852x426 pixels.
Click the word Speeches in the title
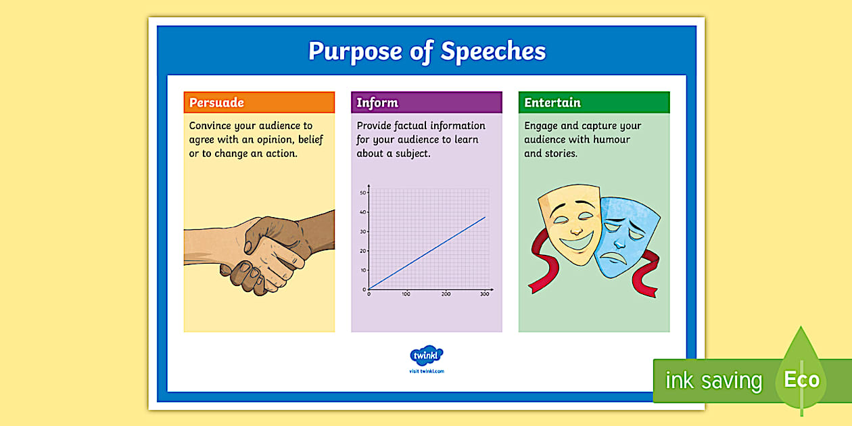coord(494,51)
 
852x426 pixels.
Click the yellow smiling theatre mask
coord(571,224)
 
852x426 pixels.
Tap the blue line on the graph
coord(427,253)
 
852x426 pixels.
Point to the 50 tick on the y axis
coord(363,193)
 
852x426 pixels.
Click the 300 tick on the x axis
coord(485,294)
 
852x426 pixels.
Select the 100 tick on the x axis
coord(406,294)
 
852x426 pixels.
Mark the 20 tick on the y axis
coord(363,251)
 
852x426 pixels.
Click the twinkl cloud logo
coord(427,355)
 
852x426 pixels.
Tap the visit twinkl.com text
coord(427,371)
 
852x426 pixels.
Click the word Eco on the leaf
coord(802,379)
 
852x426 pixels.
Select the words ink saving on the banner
coord(714,381)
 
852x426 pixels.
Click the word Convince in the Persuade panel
coord(210,126)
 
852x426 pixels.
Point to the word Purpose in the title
coord(355,51)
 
